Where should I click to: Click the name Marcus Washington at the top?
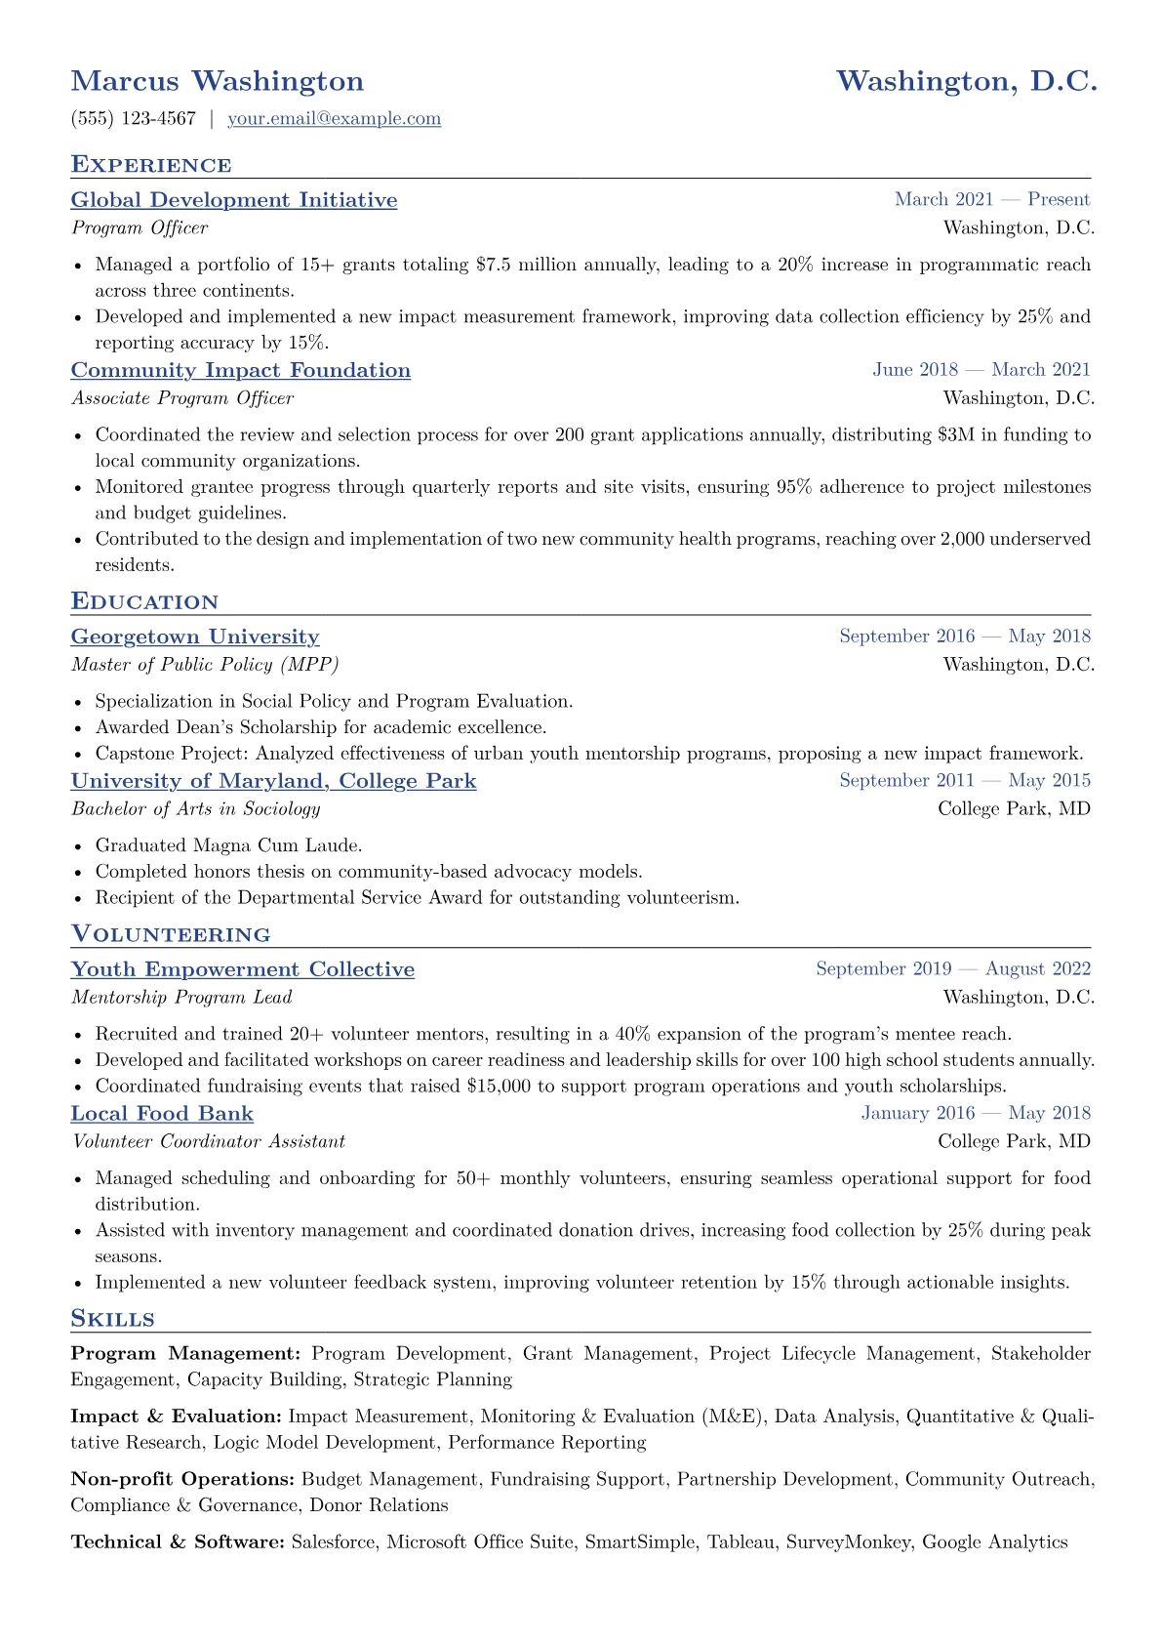tap(217, 81)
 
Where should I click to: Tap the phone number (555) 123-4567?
tap(134, 119)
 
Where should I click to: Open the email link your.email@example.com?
tap(334, 119)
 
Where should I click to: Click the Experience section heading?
tap(151, 165)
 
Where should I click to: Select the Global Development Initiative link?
tap(234, 200)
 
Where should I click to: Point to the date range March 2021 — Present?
tap(992, 200)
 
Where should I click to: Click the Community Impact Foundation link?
tap(241, 370)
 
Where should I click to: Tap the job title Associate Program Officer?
tap(182, 398)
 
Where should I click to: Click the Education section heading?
tap(144, 602)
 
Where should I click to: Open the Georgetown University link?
tap(195, 637)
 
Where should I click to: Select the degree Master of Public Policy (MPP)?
tap(205, 665)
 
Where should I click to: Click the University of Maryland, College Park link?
tap(273, 781)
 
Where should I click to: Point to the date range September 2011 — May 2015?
tap(965, 781)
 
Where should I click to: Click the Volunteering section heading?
tap(171, 935)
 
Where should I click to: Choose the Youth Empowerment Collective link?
tap(243, 969)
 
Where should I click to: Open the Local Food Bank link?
tap(162, 1114)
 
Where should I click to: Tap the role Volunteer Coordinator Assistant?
tap(208, 1142)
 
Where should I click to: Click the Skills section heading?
tap(113, 1320)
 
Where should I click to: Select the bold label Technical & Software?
tap(178, 1542)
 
